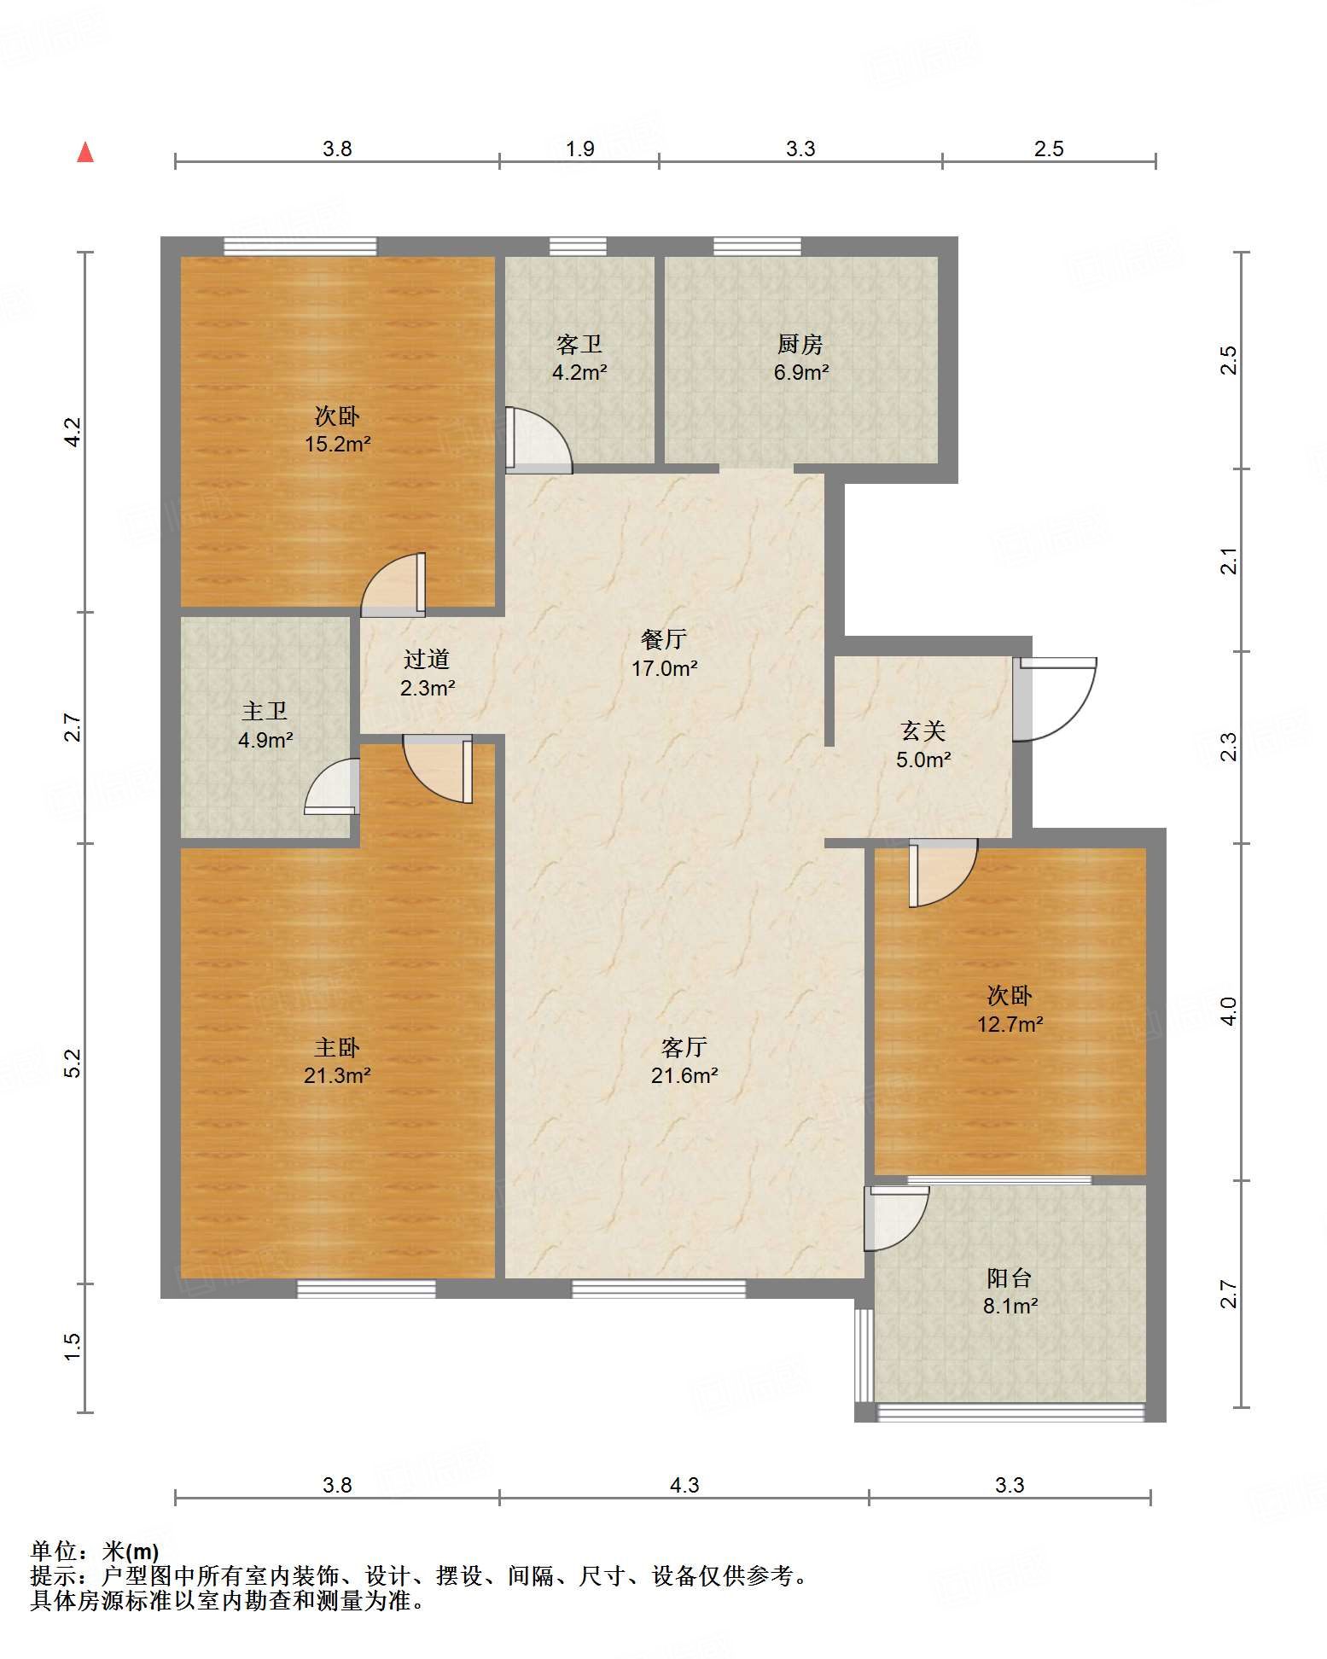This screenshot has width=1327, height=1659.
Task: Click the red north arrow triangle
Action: [x=85, y=152]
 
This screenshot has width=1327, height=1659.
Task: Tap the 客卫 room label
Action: [x=579, y=344]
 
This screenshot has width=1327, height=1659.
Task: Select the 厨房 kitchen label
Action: [x=800, y=344]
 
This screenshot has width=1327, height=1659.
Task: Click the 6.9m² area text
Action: [x=801, y=372]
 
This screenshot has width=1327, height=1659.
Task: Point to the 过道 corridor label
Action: [x=427, y=659]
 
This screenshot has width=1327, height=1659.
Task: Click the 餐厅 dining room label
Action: [x=664, y=639]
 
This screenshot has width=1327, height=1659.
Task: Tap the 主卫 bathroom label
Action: [x=265, y=711]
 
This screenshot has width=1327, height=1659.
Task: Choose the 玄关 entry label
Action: [x=923, y=731]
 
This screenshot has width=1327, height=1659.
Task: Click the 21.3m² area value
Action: [x=337, y=1075]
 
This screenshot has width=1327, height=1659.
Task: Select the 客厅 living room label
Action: [x=684, y=1047]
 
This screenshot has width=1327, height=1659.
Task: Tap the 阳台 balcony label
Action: [x=1010, y=1278]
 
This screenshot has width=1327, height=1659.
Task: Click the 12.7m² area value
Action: [x=1010, y=1023]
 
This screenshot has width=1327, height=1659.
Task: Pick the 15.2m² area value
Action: [x=338, y=444]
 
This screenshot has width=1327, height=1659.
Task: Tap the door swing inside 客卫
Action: [x=538, y=440]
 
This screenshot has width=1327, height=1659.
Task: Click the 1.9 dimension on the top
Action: [x=580, y=149]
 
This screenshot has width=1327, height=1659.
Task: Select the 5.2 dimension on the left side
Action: [x=73, y=1062]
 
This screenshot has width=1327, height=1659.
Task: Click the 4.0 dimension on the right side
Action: [x=1228, y=1011]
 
